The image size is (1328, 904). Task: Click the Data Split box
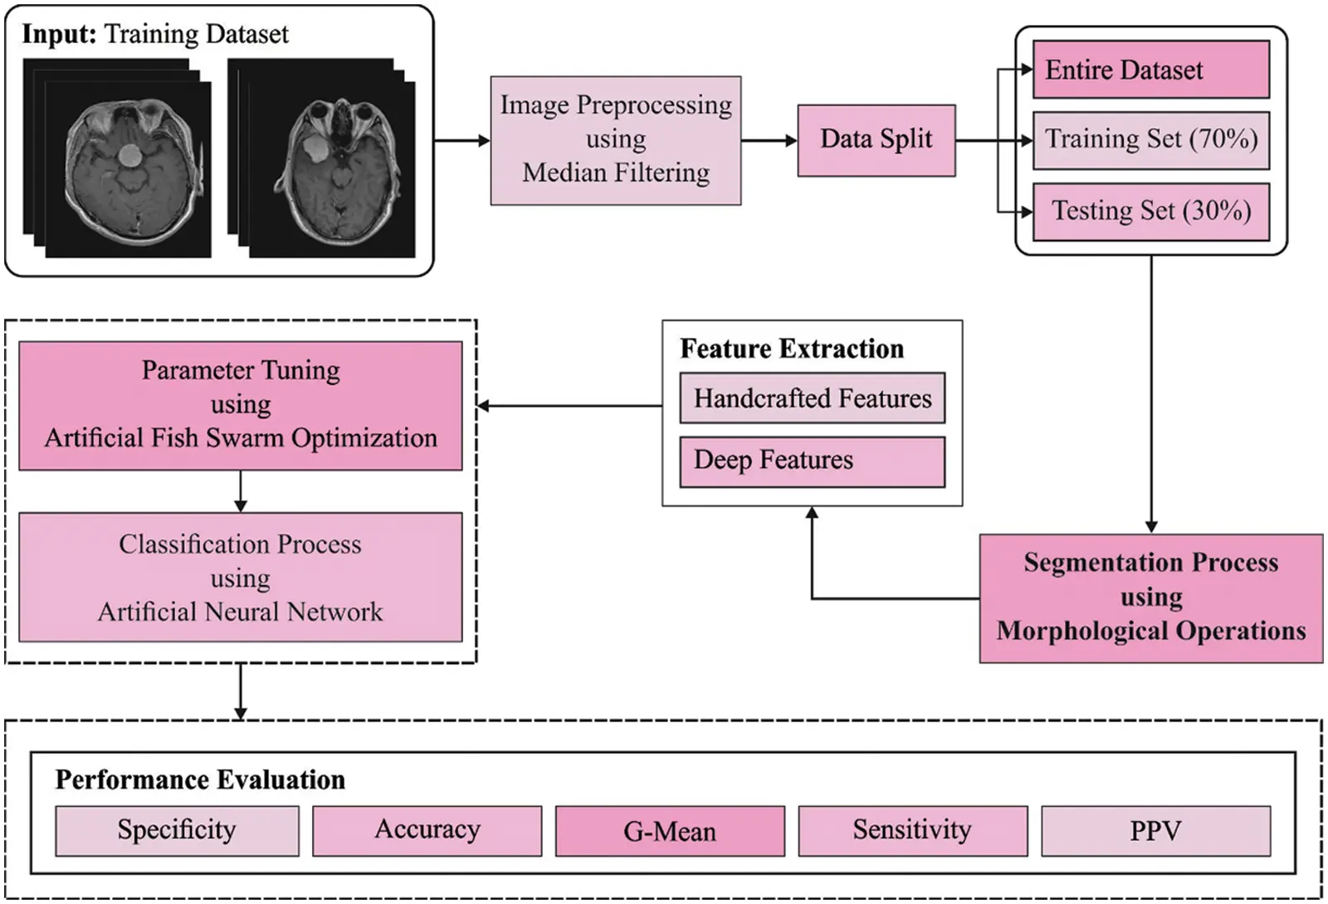pos(876,139)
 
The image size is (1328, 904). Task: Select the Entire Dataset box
pos(1150,70)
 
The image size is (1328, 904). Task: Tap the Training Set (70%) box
pos(1150,139)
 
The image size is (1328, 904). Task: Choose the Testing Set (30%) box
pos(1150,211)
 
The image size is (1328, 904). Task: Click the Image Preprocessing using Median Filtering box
pos(615,139)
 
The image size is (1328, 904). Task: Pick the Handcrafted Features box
pos(812,398)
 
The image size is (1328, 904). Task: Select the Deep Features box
pos(812,461)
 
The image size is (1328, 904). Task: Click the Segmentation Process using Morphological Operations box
pos(1150,598)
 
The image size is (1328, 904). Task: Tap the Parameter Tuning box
pos(240,405)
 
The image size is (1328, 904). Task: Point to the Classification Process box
pos(240,578)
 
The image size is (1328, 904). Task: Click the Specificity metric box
pos(177,830)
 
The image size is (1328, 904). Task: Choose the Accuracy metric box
pos(427,830)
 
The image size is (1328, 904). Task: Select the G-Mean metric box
pos(669,831)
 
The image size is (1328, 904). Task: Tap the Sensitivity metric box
pos(912,830)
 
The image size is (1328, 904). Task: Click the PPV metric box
pos(1155,830)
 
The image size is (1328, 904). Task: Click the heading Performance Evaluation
pos(200,780)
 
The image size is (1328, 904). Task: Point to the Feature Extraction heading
pos(792,349)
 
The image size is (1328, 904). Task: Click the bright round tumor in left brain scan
pos(129,154)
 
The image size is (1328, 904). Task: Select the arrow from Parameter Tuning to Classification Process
pos(240,491)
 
